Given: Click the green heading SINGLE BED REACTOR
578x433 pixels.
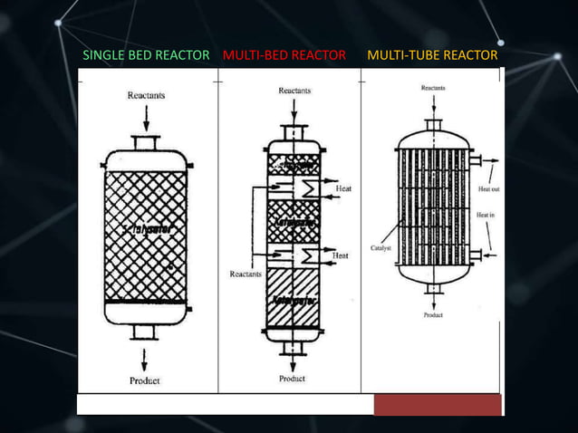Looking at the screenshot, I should click(x=147, y=55).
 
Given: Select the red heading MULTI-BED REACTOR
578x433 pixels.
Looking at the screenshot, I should click(x=284, y=55).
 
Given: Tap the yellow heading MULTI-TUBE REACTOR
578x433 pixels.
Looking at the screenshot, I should click(x=432, y=55).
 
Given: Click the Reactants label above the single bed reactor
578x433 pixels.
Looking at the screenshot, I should click(x=146, y=94).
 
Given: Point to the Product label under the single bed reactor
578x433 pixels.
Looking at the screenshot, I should click(x=145, y=380).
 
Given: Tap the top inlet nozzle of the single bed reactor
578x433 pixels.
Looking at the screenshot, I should click(x=146, y=143).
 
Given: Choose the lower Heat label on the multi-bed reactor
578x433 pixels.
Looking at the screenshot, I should click(x=341, y=256).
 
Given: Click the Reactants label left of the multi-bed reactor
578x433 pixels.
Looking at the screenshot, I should click(x=246, y=273).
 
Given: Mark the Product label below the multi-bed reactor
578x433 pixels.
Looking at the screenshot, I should click(x=292, y=379).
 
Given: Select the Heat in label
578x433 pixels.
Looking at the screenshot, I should click(x=486, y=215).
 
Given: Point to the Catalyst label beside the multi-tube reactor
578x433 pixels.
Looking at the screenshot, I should click(x=381, y=246).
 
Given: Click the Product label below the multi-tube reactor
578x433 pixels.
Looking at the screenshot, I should click(x=433, y=315).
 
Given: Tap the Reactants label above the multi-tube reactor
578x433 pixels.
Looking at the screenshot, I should click(x=433, y=88).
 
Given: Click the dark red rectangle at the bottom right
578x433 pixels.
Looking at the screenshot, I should click(x=438, y=404).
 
